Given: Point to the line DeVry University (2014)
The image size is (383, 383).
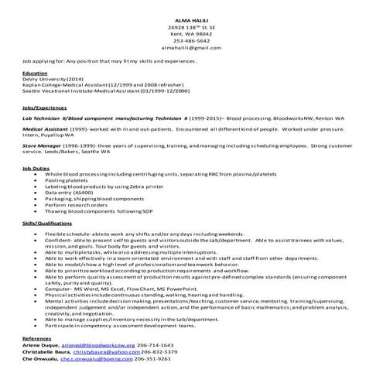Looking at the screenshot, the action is [x=53, y=79].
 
